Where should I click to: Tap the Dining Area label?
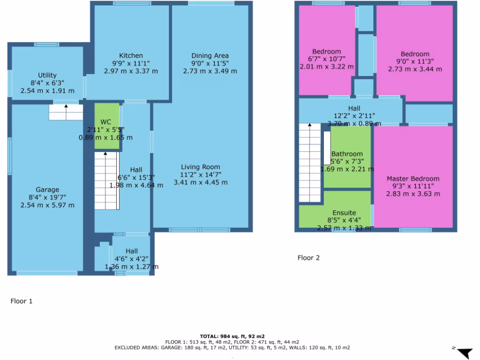click(x=210, y=56)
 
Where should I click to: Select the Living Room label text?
click(x=201, y=167)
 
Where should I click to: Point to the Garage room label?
click(x=47, y=189)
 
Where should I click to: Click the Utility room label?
click(x=47, y=75)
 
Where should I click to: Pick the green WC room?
click(x=107, y=127)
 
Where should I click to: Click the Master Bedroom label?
click(x=413, y=179)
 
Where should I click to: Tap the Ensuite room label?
click(x=344, y=212)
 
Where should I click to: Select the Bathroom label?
click(x=347, y=154)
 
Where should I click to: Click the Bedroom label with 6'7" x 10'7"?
click(x=326, y=52)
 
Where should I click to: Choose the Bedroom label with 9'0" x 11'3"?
click(x=415, y=54)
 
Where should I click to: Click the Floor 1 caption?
click(x=22, y=301)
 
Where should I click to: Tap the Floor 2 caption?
click(x=308, y=257)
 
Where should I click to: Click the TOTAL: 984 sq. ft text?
click(x=232, y=336)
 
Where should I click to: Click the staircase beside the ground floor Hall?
click(x=106, y=180)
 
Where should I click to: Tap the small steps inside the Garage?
click(x=66, y=112)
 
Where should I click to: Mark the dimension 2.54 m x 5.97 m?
click(x=47, y=205)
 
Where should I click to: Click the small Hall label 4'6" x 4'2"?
click(x=131, y=251)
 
